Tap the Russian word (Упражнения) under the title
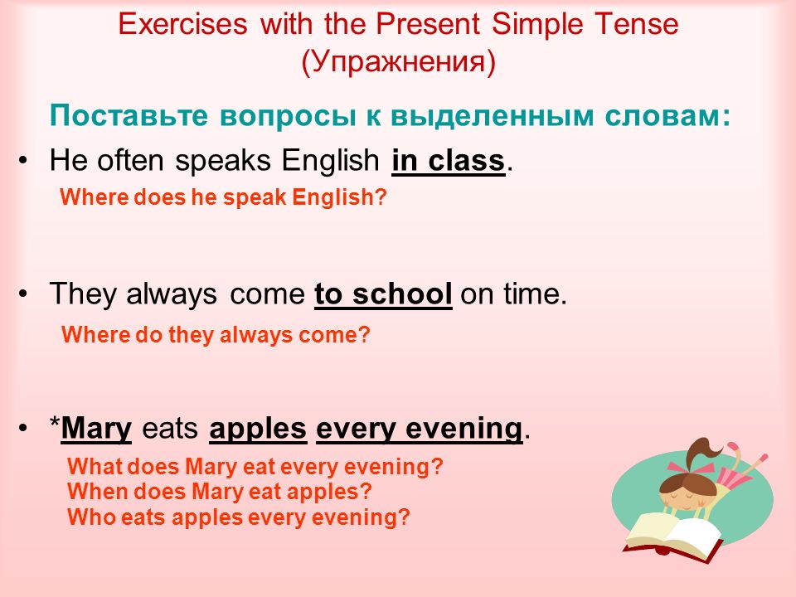399,61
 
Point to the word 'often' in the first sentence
130,160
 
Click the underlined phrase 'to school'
383,294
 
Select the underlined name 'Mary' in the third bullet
96,429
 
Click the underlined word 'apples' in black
258,429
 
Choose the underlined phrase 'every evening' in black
420,429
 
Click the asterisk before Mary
55,422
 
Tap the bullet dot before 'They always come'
23,294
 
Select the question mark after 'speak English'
381,197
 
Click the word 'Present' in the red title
427,23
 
